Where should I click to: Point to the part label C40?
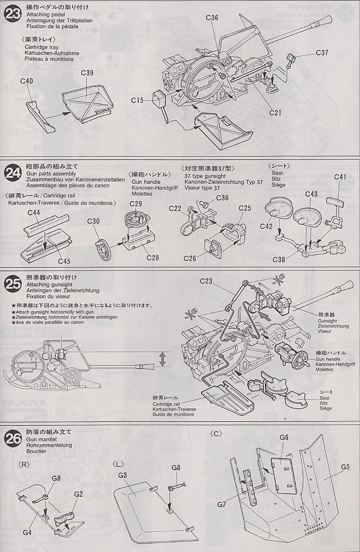(x=26, y=81)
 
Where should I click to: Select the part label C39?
(x=87, y=73)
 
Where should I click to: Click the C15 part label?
(x=137, y=100)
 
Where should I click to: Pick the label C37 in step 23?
(x=322, y=53)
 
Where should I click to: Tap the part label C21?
(x=276, y=113)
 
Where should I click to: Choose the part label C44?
(x=34, y=213)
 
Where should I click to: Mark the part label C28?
(x=153, y=256)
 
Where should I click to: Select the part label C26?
(x=190, y=258)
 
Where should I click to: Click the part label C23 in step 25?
(x=206, y=281)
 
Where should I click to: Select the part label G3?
(x=123, y=475)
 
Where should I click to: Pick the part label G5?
(x=347, y=466)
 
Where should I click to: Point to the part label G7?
(x=221, y=504)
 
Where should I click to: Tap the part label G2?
(x=78, y=494)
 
